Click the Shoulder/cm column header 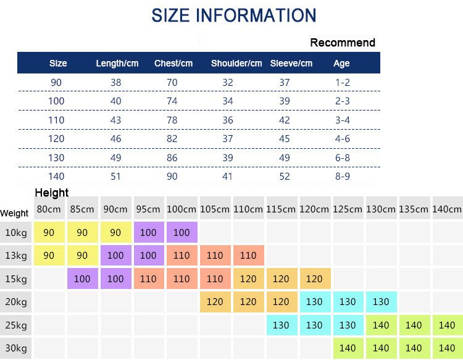(x=236, y=63)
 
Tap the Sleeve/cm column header (x=291, y=63)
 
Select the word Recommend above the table (x=343, y=43)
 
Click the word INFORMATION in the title (x=256, y=15)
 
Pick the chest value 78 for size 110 (x=172, y=120)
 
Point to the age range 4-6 (x=342, y=138)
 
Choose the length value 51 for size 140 (x=115, y=177)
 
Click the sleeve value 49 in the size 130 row (x=285, y=157)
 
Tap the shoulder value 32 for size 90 (x=228, y=82)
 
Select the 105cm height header (x=215, y=209)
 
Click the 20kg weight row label (x=16, y=302)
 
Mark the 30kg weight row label (x=16, y=348)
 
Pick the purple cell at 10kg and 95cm (x=149, y=232)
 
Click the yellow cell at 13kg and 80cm (x=49, y=256)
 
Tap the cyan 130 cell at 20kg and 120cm (x=315, y=302)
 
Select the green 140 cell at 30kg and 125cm (x=348, y=348)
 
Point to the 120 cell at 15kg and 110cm (x=249, y=278)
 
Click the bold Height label (x=52, y=193)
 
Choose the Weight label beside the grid (x=14, y=213)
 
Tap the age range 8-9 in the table (x=342, y=177)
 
